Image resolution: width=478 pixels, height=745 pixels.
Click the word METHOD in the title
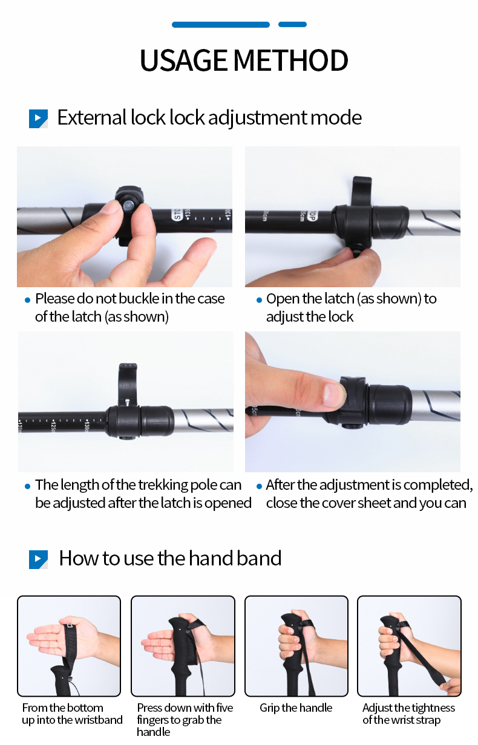coord(290,60)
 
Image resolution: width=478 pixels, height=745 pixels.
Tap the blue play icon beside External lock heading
coord(38,119)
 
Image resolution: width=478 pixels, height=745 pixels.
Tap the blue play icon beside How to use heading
coord(38,559)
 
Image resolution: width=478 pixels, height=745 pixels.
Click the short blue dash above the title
coord(292,24)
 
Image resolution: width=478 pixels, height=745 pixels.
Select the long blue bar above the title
coord(221,24)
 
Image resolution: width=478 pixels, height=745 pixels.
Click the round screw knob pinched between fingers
coord(129,205)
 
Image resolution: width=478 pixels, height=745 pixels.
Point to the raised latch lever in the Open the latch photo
coord(362,192)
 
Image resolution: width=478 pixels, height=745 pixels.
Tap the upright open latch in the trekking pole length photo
coord(128,384)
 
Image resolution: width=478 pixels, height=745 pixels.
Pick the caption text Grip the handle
coord(296,708)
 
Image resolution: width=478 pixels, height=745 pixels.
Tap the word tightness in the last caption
coord(433,708)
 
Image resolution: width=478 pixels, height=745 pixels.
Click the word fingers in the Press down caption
coord(152,720)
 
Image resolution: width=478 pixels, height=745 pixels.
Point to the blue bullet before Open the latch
coord(260,301)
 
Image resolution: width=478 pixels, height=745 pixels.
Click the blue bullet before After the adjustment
coord(260,487)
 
